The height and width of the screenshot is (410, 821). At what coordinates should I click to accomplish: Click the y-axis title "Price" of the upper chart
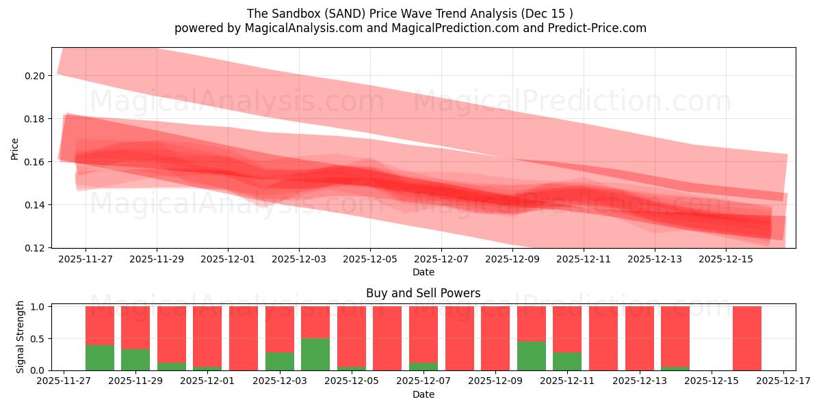point(15,148)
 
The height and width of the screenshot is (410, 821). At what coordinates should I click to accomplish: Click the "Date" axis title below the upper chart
point(423,272)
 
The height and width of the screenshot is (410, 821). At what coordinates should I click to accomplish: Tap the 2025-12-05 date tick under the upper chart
point(370,260)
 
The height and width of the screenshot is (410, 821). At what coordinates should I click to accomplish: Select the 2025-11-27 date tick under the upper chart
point(86,260)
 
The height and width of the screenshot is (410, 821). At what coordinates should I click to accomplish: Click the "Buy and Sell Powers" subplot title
point(423,293)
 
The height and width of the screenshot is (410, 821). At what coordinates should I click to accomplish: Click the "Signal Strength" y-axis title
point(21,338)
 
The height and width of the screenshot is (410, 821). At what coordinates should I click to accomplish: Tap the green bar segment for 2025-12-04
point(315,354)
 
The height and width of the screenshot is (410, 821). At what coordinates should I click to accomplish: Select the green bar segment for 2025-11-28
point(100,357)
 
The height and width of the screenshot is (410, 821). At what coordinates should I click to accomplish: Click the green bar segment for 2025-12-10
point(532,356)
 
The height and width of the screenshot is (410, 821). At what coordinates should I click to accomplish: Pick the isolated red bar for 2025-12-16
point(747,338)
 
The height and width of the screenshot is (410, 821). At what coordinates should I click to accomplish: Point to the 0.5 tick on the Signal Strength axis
point(38,338)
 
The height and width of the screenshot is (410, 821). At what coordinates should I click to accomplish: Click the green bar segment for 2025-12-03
point(279,361)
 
